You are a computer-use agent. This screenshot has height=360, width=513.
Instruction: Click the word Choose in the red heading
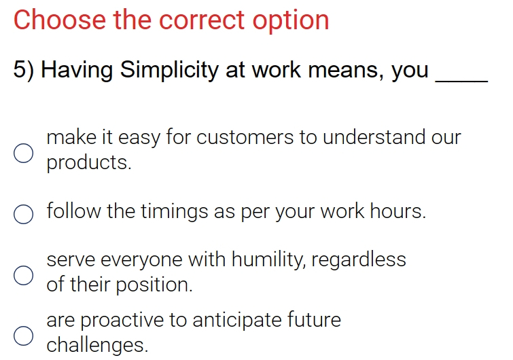(60, 20)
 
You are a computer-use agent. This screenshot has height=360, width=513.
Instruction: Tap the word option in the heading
(291, 22)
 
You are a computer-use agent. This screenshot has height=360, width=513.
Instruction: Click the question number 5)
(24, 70)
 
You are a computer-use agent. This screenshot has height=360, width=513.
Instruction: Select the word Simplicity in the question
(169, 70)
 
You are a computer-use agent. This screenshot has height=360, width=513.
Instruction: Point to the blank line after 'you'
(461, 81)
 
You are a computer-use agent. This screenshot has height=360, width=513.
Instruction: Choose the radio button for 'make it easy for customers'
(24, 153)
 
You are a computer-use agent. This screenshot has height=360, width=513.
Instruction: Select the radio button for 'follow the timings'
(24, 215)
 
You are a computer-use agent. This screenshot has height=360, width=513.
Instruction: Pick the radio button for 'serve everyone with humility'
(24, 275)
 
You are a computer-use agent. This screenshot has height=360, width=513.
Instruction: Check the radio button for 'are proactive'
(24, 336)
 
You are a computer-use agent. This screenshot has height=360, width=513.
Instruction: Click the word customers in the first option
(245, 137)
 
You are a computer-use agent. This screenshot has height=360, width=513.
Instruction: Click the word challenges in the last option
(97, 345)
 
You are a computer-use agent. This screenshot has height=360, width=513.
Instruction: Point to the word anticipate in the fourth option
(237, 321)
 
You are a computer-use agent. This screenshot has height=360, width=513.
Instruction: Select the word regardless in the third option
(359, 261)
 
